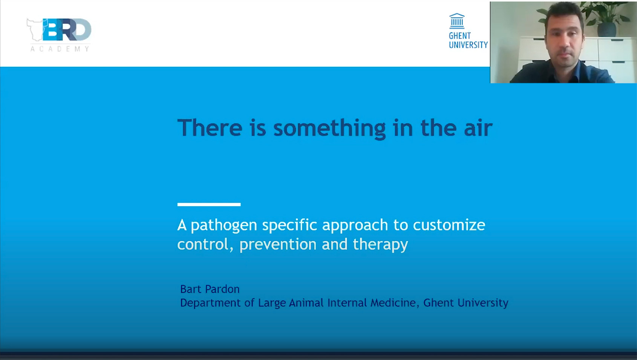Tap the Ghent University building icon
(457, 21)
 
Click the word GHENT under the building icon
(459, 36)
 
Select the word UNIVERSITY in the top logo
(468, 45)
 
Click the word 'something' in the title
(329, 129)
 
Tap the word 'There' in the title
(210, 128)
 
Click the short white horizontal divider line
(209, 204)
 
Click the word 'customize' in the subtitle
(449, 225)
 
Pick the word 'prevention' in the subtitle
(278, 245)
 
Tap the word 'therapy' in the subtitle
(380, 245)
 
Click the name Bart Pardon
(210, 289)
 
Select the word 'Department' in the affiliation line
(211, 303)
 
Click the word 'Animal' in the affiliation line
(306, 303)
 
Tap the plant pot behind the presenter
(606, 29)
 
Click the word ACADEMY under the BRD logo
(60, 49)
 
